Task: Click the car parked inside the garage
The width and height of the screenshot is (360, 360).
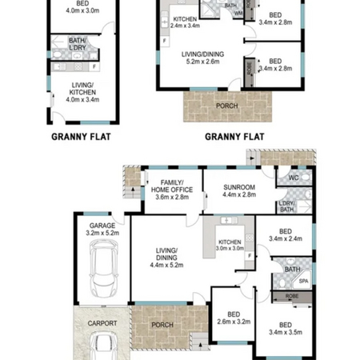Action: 103,269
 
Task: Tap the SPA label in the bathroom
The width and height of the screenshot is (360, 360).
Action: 303,281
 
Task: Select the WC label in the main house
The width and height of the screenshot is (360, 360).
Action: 294,178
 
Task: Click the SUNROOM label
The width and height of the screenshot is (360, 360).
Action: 239,187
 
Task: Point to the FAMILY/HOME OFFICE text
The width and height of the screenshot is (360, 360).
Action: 172,186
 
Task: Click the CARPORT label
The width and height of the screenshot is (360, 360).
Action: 102,323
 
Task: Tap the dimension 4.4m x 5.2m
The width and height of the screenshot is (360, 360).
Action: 166,265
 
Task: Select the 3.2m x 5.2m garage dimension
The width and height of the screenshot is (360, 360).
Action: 102,233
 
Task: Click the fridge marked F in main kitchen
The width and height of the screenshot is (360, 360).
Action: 250,256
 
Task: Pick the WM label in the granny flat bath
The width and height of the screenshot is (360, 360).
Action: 238,14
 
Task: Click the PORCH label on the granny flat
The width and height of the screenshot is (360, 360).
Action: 226,106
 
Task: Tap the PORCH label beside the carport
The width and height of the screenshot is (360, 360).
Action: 162,325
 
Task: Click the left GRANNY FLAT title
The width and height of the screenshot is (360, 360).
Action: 81,137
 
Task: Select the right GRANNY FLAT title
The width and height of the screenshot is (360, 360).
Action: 234,137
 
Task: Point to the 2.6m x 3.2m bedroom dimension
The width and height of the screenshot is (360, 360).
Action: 234,322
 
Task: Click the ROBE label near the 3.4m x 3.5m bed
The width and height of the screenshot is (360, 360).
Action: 292,296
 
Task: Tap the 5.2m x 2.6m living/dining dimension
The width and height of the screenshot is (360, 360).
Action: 202,62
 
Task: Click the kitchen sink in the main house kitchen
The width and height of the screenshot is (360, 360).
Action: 229,221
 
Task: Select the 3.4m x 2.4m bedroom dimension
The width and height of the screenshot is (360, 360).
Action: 286,238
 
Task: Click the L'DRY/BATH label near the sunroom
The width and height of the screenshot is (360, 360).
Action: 287,206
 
